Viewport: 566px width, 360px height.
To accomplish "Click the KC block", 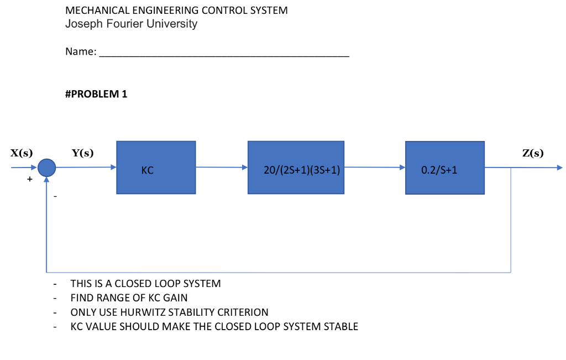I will click(155, 168).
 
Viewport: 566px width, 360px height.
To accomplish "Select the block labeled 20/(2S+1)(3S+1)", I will click(296, 168).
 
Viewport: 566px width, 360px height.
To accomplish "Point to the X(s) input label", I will click(21, 153).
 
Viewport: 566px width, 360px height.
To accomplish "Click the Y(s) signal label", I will click(82, 153).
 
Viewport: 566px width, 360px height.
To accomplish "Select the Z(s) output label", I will click(533, 153).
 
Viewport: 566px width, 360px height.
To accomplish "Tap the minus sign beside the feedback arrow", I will click(55, 196).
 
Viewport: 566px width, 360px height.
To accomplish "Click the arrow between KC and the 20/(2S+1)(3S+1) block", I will click(221, 166).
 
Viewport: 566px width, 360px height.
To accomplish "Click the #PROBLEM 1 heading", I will click(96, 94).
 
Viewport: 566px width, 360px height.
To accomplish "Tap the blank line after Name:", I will click(224, 54).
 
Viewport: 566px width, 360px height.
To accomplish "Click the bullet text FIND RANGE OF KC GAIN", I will click(129, 298).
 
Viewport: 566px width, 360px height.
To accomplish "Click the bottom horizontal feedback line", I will click(276, 272).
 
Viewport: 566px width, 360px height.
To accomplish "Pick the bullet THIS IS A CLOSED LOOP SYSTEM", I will click(145, 284).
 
